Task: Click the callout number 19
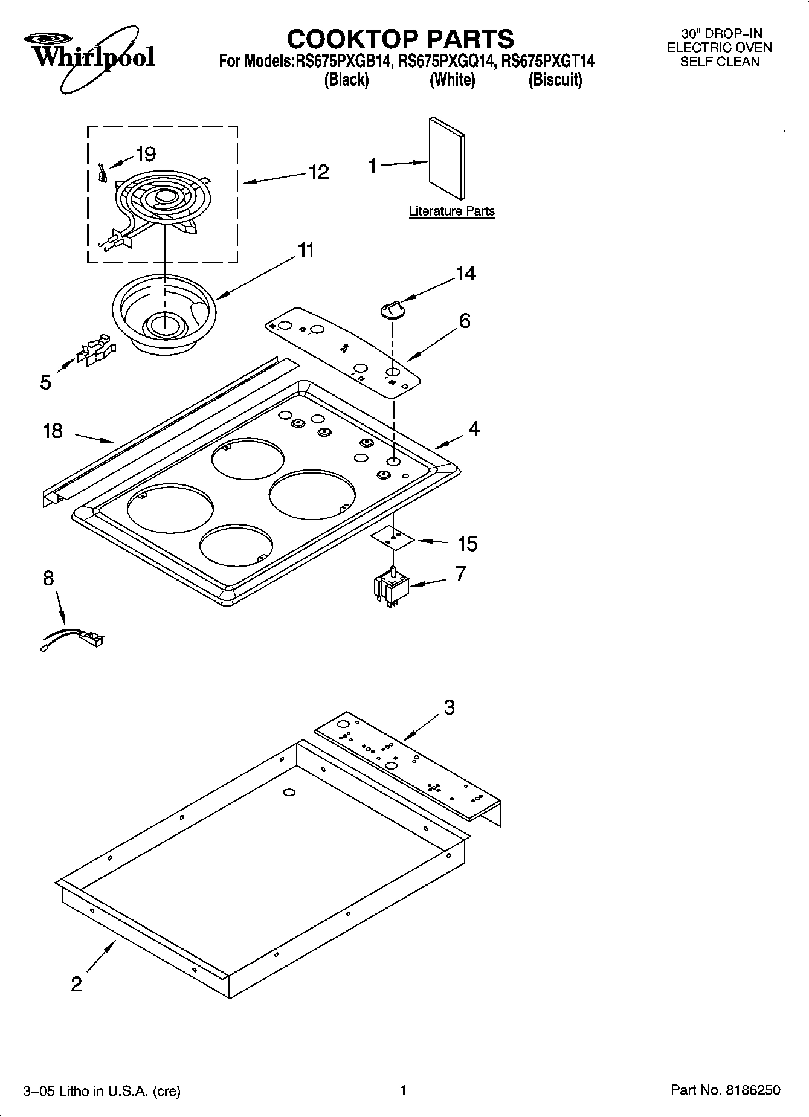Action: [x=146, y=154]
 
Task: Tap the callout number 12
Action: [x=318, y=172]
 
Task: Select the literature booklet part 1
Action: [x=447, y=158]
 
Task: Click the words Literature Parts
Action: [x=451, y=211]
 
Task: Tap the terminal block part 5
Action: [x=94, y=350]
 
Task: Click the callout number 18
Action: [x=53, y=431]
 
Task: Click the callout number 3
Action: [x=449, y=707]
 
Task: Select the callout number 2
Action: [x=76, y=984]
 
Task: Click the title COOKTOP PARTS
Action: [x=400, y=39]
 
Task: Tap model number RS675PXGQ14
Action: [x=448, y=61]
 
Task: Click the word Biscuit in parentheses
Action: [x=555, y=80]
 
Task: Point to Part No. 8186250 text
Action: [x=725, y=1090]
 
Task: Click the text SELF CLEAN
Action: [x=719, y=61]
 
